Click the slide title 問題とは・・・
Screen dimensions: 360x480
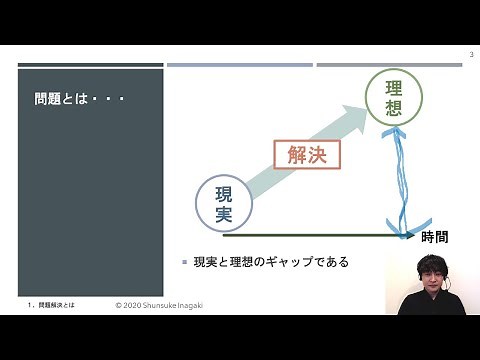click(78, 101)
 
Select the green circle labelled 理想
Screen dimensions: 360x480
click(394, 98)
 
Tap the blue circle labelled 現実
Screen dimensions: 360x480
click(223, 202)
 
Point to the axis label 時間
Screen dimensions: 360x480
click(434, 238)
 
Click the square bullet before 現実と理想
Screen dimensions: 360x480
click(184, 262)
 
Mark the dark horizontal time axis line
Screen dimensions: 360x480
click(320, 237)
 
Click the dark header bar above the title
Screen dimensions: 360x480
click(90, 66)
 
